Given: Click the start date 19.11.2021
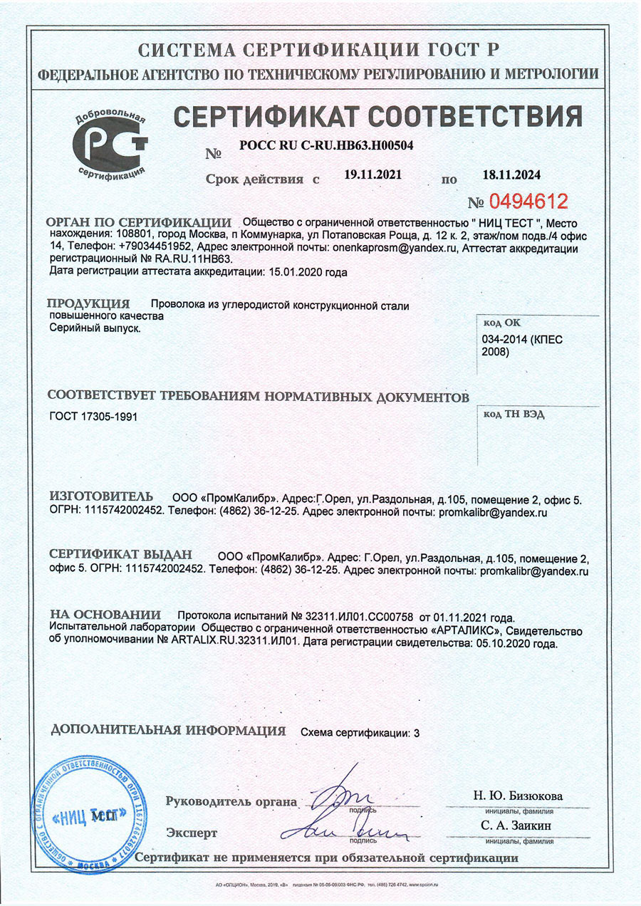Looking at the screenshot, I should (372, 174).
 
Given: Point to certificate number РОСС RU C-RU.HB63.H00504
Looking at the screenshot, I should (326, 145).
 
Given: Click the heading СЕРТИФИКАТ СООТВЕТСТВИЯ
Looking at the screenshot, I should (377, 116).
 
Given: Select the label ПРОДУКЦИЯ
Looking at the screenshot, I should (88, 305).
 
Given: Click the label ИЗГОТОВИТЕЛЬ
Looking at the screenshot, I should (100, 496).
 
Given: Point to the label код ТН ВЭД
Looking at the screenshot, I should (514, 415).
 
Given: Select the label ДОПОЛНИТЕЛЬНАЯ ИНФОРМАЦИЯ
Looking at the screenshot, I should (169, 731).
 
